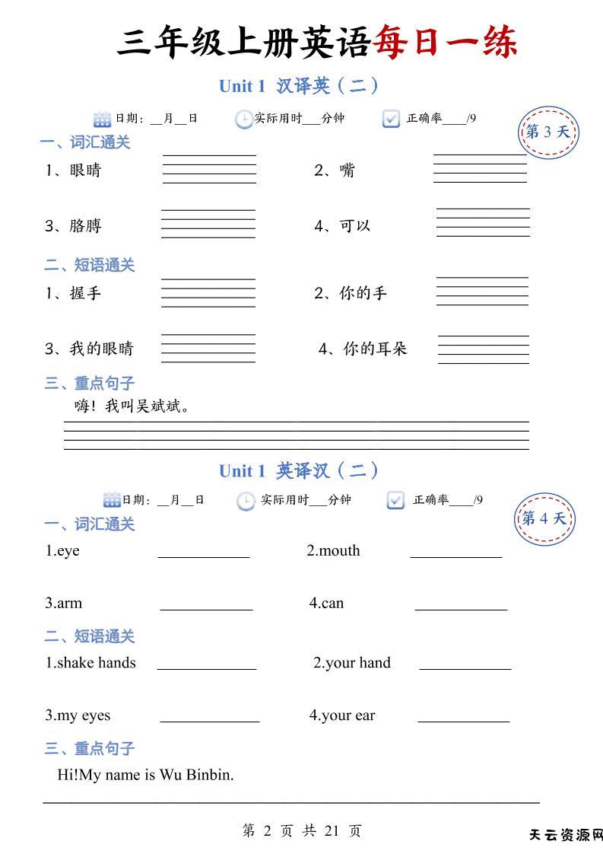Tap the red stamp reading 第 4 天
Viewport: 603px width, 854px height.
click(544, 519)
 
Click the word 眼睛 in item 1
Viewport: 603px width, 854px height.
click(85, 170)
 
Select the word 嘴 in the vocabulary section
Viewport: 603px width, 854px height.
click(347, 170)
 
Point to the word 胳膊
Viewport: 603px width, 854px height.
click(85, 226)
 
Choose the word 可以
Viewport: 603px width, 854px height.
click(354, 226)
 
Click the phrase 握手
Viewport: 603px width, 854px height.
click(85, 293)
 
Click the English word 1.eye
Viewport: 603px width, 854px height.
click(62, 551)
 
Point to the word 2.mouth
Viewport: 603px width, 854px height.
click(333, 551)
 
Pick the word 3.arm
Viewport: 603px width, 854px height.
click(63, 604)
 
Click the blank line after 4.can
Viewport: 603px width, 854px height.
click(461, 608)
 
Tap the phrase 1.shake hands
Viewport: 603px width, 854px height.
click(90, 663)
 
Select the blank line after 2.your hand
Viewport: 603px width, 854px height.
click(465, 668)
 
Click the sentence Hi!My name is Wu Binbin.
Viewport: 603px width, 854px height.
click(145, 775)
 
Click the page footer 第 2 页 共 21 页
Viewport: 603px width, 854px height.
click(301, 830)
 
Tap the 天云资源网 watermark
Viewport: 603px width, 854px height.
click(566, 836)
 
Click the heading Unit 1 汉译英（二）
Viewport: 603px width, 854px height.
click(299, 86)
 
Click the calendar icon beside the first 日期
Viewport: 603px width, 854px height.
click(102, 119)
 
